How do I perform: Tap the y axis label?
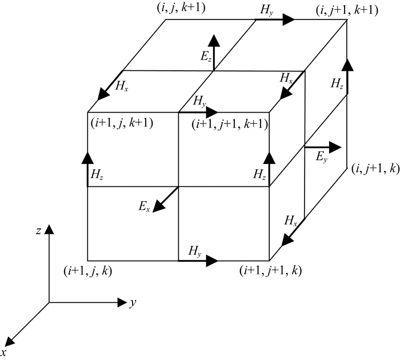132,303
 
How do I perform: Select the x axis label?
5,350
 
